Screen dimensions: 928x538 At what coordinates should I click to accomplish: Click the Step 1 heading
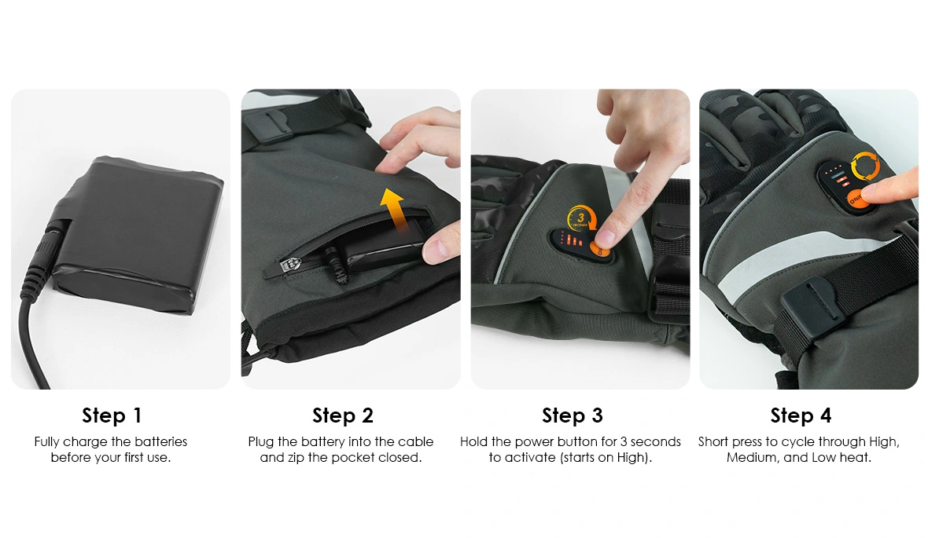click(x=112, y=415)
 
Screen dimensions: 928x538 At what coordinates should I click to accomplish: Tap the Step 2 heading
click(x=343, y=415)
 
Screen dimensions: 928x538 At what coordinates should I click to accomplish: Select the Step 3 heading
click(x=573, y=415)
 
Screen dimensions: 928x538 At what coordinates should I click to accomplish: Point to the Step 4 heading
click(x=801, y=415)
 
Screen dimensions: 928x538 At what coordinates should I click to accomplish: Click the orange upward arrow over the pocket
click(x=394, y=209)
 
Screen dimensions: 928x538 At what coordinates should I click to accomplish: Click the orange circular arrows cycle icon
click(x=865, y=167)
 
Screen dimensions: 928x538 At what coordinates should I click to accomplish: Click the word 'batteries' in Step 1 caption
click(x=160, y=441)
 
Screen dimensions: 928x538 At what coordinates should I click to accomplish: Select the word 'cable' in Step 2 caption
click(x=415, y=441)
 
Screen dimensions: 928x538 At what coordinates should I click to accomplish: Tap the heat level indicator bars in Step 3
click(x=571, y=240)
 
